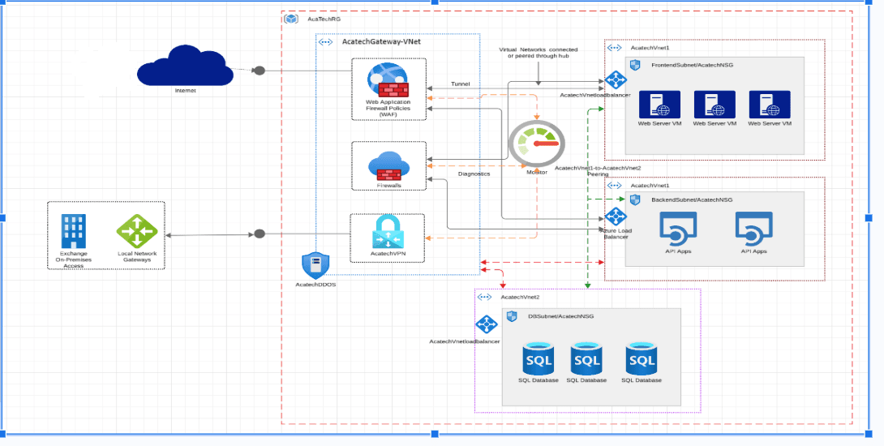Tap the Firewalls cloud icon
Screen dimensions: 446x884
coord(388,165)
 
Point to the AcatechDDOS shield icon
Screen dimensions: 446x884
coord(315,265)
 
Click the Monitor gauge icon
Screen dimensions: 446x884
coord(536,144)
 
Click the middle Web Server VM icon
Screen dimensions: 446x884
coord(714,105)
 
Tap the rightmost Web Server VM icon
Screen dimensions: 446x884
coord(770,105)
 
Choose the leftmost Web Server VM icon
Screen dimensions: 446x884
coord(659,105)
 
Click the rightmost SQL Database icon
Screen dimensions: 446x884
coord(641,359)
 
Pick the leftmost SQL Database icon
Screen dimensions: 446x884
coord(539,359)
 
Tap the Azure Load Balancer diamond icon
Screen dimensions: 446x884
coord(616,217)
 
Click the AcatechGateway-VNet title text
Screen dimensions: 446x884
coord(381,42)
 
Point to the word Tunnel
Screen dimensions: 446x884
coord(460,84)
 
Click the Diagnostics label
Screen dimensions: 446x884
coord(474,174)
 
